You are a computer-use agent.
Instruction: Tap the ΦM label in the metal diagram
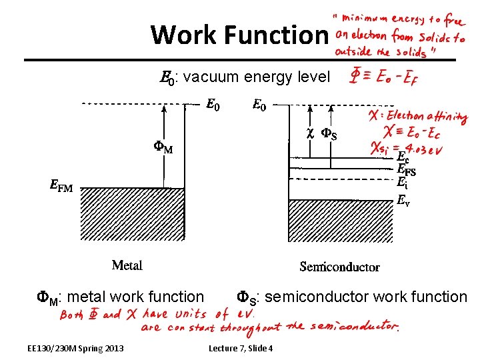click(x=160, y=148)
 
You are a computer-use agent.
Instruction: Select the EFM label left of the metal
click(x=61, y=187)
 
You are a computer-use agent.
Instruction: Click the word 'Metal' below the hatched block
click(x=127, y=265)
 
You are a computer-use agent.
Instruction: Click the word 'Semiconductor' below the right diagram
click(x=339, y=267)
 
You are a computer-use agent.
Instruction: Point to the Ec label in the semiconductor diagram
click(x=403, y=158)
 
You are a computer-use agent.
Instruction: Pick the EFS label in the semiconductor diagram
click(x=406, y=170)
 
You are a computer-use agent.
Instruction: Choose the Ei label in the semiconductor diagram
click(x=402, y=181)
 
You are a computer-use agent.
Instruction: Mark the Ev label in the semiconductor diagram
click(x=403, y=199)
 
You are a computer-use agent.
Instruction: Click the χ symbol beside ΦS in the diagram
click(x=309, y=133)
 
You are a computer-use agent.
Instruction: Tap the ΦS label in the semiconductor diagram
click(x=329, y=135)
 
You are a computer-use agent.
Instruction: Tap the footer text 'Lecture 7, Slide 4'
click(x=241, y=348)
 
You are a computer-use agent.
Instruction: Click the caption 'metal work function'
click(x=136, y=297)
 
